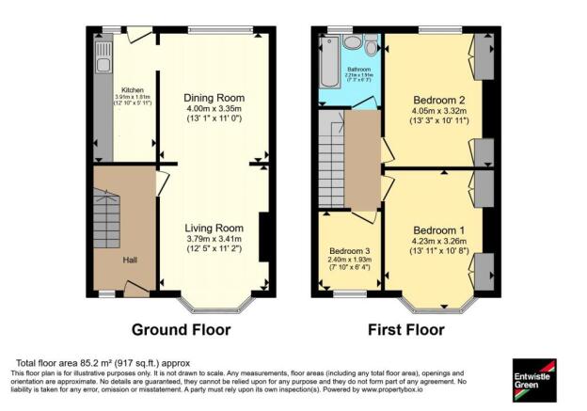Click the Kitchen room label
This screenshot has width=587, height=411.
coord(126,91)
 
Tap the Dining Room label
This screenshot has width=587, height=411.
coord(215,98)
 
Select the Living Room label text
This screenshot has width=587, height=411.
coord(214,228)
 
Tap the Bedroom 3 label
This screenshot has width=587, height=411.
coord(348,252)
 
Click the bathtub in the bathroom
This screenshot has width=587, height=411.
coord(330,69)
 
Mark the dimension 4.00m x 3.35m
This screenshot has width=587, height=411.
coord(215,110)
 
